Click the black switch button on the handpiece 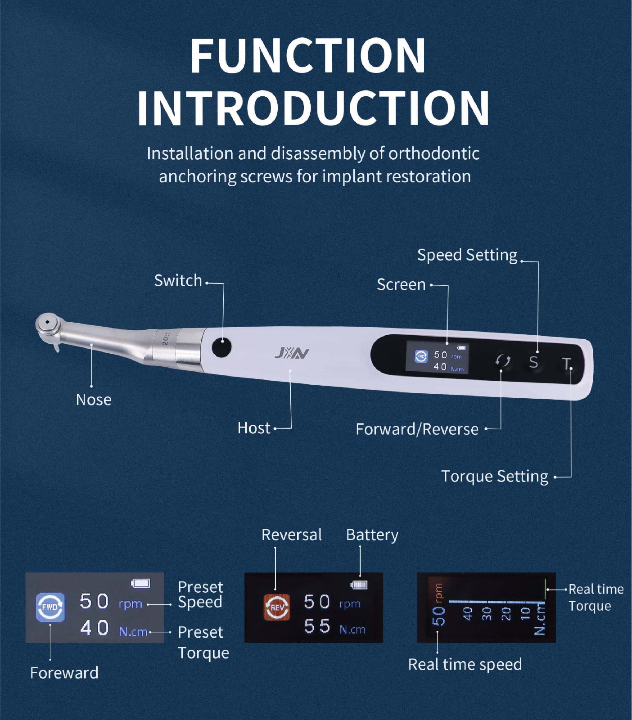click(221, 347)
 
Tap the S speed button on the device click(533, 362)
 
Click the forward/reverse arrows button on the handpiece click(503, 361)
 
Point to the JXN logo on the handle click(292, 354)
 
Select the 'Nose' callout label click(94, 400)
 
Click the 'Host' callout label click(254, 428)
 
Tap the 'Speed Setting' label click(467, 255)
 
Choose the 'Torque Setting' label click(495, 476)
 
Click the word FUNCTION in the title click(308, 56)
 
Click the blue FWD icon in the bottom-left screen click(50, 607)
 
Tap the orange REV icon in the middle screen click(277, 607)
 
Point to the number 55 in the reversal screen click(317, 626)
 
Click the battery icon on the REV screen click(359, 585)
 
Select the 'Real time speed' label click(465, 664)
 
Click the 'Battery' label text click(372, 535)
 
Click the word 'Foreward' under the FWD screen click(64, 673)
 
